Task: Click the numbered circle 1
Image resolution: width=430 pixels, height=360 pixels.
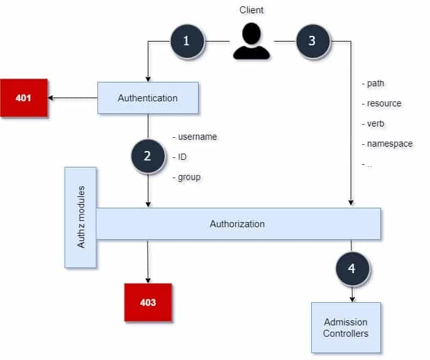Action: (x=186, y=42)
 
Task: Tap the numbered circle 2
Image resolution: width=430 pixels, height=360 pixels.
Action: (x=148, y=156)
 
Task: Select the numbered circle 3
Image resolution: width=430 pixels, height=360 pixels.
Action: (x=312, y=42)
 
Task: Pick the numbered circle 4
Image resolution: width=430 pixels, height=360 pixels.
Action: (x=351, y=268)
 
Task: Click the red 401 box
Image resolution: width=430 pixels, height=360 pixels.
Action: (x=24, y=98)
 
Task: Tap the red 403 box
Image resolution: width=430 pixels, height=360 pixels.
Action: (x=148, y=303)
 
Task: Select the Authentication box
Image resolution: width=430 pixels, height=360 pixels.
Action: (x=148, y=98)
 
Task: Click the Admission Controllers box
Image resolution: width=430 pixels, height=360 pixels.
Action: (x=346, y=327)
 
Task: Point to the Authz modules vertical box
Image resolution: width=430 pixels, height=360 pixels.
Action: (x=80, y=217)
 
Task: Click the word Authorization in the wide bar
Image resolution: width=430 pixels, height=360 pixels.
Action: (x=237, y=224)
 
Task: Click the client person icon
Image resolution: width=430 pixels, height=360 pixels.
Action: (x=251, y=42)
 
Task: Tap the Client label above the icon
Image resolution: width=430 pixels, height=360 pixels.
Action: (x=251, y=11)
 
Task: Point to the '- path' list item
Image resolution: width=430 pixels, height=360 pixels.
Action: (x=373, y=83)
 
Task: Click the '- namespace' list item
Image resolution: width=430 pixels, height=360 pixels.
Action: (x=387, y=143)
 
